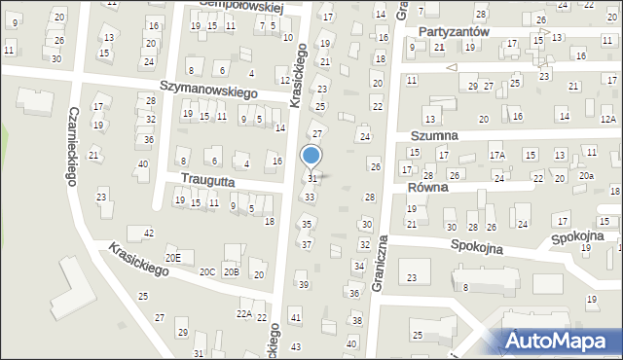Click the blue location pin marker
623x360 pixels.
pyautogui.click(x=311, y=157)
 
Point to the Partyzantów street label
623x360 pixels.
pyautogui.click(x=453, y=31)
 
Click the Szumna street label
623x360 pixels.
pyautogui.click(x=434, y=136)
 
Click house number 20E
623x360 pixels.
pyautogui.click(x=172, y=257)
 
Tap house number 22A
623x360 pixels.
pyautogui.click(x=244, y=313)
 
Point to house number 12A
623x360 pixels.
pyautogui.click(x=607, y=119)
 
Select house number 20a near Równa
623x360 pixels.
pyautogui.click(x=585, y=176)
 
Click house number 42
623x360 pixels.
pyautogui.click(x=148, y=234)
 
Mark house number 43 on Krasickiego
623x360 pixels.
pyautogui.click(x=296, y=346)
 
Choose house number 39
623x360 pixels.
pyautogui.click(x=303, y=284)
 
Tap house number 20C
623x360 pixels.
pyautogui.click(x=207, y=272)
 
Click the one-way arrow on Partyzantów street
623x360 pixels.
pyautogui.click(x=451, y=68)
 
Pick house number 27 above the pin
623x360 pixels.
pyautogui.click(x=315, y=131)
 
